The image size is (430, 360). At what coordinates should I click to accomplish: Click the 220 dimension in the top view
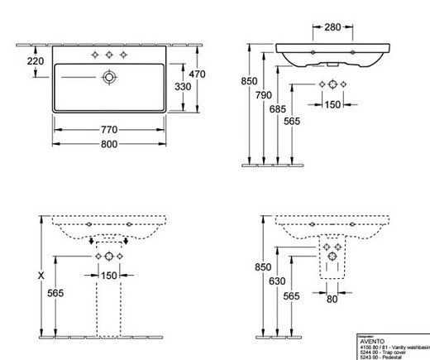(x=36, y=60)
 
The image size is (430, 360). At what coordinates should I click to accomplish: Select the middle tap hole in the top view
(x=107, y=55)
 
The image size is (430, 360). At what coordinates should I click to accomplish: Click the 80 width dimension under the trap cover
(x=331, y=299)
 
